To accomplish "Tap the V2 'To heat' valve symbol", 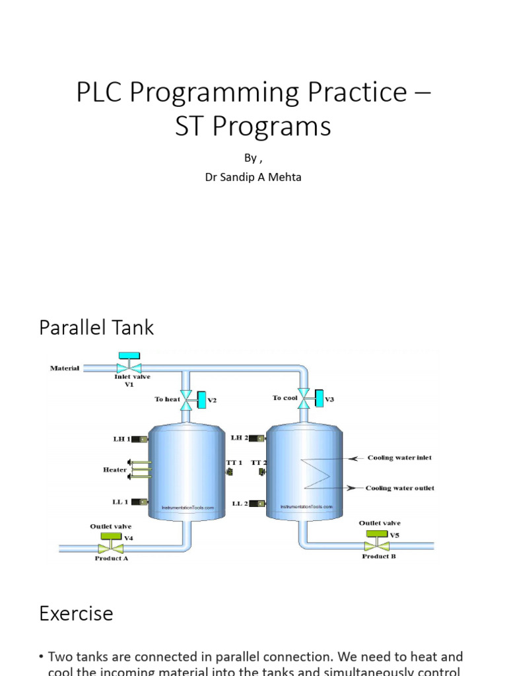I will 187,399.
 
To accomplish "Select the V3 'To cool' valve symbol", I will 304,397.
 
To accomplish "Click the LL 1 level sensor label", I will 120,502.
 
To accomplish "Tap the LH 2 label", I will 239,438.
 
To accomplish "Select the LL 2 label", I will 240,504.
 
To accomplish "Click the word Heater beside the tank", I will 114,469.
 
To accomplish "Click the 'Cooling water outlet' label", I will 400,489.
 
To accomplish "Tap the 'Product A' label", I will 111,558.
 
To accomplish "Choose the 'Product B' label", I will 378,557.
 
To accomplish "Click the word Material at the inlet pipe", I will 65,368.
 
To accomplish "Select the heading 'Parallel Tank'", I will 96,327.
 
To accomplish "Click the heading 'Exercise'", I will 76,613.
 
